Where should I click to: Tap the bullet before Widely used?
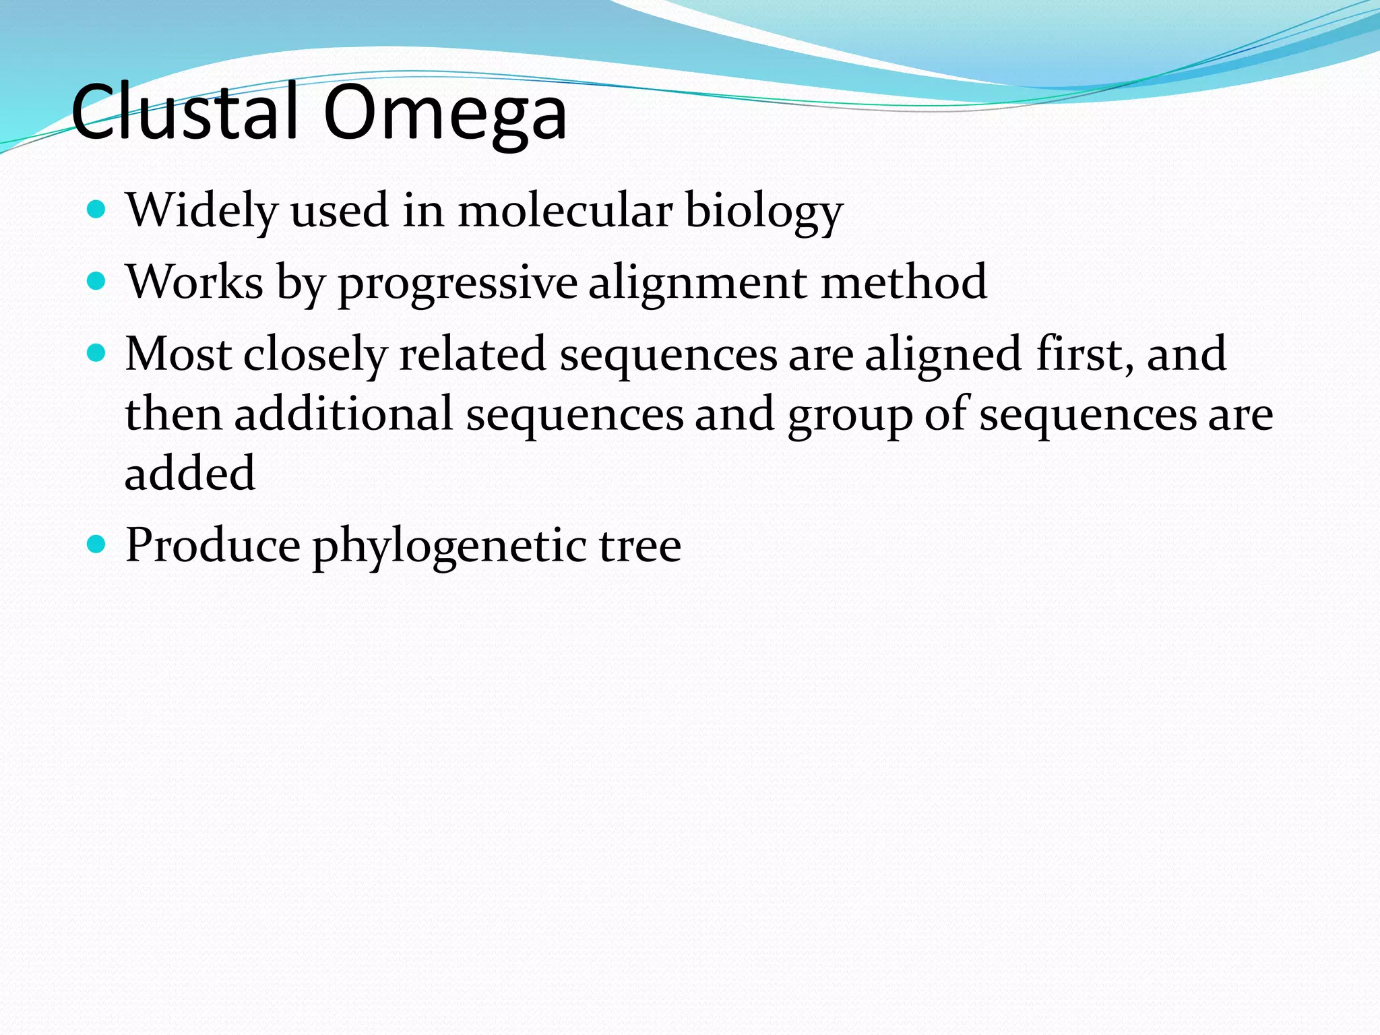97,209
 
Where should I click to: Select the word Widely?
201,210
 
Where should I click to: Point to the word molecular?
565,210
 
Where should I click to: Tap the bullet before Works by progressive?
97,281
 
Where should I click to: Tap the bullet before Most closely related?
97,352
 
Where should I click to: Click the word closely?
315,356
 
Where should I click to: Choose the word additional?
343,414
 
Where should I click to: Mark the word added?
190,473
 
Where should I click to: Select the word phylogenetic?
449,546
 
